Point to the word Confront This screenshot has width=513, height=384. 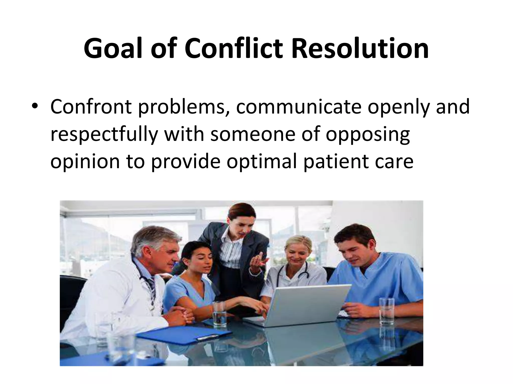click(91, 107)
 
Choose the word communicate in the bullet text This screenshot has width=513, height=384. click(298, 107)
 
